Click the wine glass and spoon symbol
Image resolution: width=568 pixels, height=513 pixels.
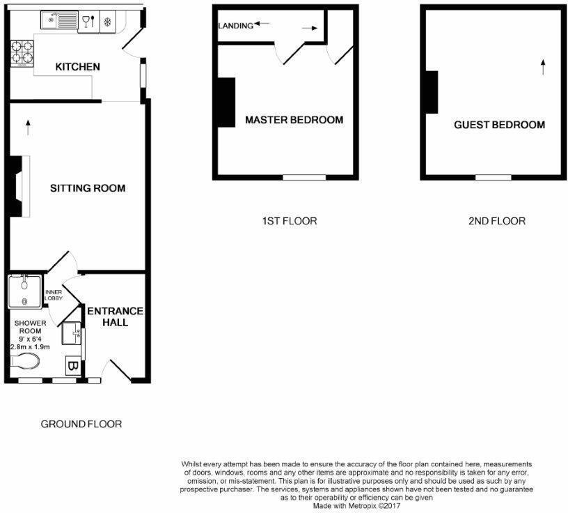point(88,22)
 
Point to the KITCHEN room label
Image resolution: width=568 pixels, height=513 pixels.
point(78,67)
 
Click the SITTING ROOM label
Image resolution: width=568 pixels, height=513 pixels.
point(88,188)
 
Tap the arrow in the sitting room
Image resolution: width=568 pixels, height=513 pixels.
point(29,127)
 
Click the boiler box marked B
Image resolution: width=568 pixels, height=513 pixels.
point(72,365)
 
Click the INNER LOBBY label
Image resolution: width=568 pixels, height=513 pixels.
point(54,296)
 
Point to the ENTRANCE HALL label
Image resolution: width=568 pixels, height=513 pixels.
point(114,316)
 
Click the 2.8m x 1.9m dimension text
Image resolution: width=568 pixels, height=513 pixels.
point(29,346)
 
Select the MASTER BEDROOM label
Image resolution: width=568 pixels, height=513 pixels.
point(294,120)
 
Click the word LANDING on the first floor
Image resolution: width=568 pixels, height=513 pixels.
point(235,26)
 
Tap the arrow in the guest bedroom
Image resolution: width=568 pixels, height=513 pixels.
point(542,66)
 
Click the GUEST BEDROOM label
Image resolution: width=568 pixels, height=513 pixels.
point(499,125)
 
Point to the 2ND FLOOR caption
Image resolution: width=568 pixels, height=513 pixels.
point(496,221)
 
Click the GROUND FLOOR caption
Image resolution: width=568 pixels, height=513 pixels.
point(81,424)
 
